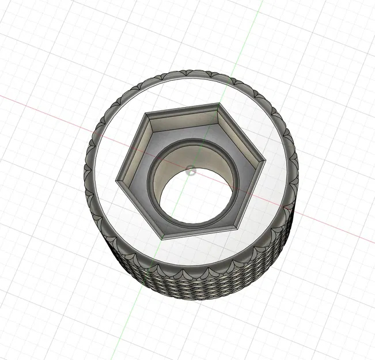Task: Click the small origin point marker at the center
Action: click(192, 170)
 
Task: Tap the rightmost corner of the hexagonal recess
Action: click(264, 163)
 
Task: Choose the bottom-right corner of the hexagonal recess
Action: click(237, 226)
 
